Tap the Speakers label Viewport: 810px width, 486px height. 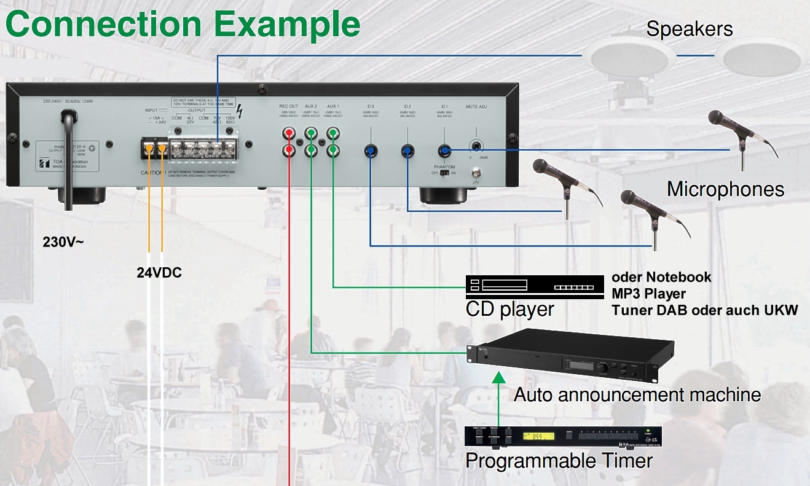pos(689,28)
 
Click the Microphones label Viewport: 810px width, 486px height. pos(725,189)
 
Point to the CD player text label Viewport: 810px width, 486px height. pos(509,308)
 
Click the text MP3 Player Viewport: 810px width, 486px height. pos(648,294)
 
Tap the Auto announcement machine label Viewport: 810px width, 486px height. pos(637,394)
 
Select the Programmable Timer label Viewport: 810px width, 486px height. pos(559,460)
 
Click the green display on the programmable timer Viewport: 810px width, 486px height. pos(535,436)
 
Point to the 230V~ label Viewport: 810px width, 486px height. pos(63,242)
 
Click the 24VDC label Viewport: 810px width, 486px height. pos(159,273)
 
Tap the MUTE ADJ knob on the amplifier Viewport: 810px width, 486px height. pos(476,146)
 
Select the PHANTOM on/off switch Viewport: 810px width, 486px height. pos(445,173)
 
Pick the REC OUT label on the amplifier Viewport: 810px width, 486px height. pos(288,106)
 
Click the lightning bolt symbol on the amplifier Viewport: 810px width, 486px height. pos(240,113)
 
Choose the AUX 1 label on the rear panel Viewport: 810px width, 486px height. pos(332,106)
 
